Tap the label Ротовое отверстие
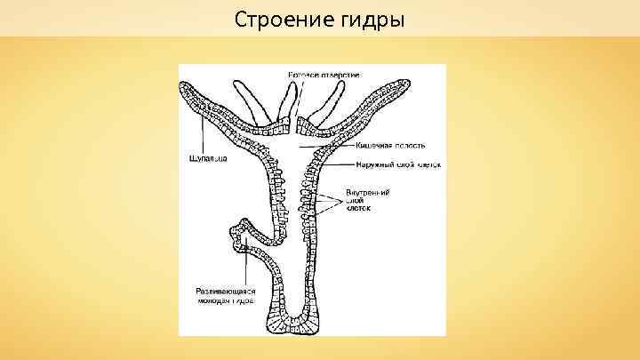tap(323, 74)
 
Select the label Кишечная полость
tap(390, 145)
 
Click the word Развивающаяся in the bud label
tap(226, 291)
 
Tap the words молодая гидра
tap(226, 301)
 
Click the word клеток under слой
tap(358, 208)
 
